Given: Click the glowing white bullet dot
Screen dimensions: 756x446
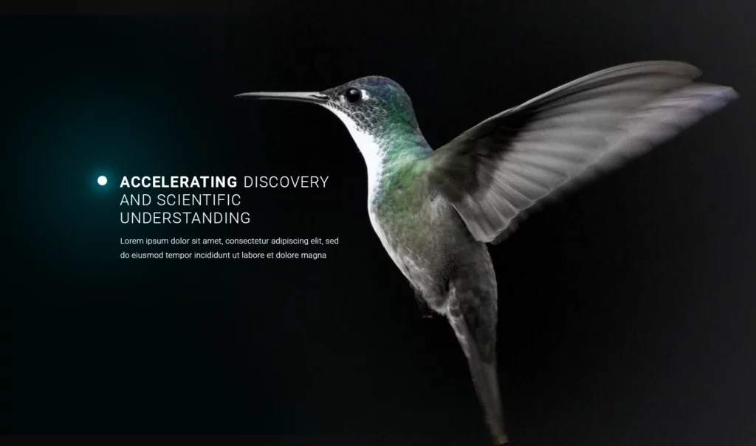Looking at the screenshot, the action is click(102, 181).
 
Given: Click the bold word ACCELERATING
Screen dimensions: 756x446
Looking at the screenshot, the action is click(179, 182).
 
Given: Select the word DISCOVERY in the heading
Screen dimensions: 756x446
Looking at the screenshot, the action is click(286, 182).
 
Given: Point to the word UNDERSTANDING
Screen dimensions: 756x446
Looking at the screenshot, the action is click(185, 219).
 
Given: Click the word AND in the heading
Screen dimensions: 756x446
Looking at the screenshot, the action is click(136, 200).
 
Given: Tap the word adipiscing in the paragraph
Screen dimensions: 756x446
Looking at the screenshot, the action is click(289, 241).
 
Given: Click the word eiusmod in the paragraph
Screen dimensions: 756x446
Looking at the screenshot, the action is click(147, 255).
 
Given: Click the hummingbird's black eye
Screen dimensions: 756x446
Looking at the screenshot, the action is click(353, 95).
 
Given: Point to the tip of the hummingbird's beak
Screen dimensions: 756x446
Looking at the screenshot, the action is click(236, 95).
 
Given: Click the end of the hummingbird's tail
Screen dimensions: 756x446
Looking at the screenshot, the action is click(501, 440).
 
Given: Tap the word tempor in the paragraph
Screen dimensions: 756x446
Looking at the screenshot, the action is click(179, 255).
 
